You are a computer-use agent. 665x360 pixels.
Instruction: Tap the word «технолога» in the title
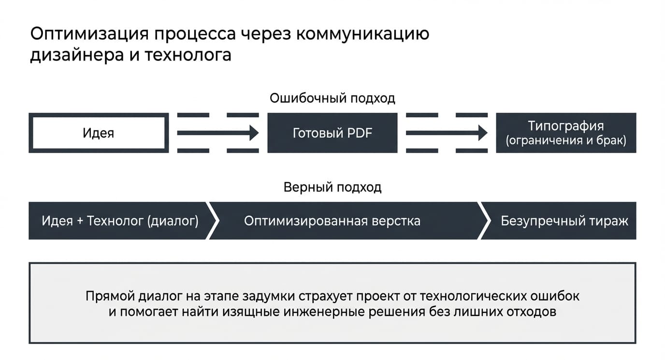(x=188, y=55)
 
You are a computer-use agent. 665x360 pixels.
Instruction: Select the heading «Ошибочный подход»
(x=332, y=99)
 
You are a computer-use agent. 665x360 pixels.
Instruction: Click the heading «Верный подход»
(x=332, y=187)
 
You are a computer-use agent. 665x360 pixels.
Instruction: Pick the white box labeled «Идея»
(x=99, y=133)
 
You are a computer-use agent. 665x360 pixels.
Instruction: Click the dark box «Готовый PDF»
(x=332, y=133)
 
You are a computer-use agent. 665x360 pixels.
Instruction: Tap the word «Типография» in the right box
(x=566, y=126)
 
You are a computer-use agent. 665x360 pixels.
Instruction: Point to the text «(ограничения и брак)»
(x=566, y=141)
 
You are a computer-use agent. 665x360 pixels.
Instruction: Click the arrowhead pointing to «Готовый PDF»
(x=254, y=133)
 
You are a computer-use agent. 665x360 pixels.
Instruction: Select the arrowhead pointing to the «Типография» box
(x=483, y=133)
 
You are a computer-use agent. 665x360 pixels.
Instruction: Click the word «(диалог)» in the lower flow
(x=173, y=221)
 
